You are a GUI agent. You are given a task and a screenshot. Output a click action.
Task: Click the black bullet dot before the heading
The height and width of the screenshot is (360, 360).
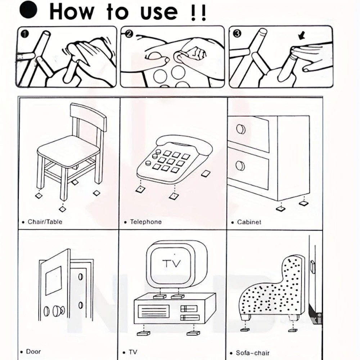[x=28, y=10]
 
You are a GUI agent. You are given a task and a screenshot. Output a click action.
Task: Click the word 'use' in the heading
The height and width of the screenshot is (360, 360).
[x=159, y=12]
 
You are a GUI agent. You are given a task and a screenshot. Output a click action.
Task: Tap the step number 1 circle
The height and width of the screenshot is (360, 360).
[x=24, y=34]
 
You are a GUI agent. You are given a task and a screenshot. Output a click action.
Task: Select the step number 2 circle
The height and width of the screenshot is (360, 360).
[x=129, y=34]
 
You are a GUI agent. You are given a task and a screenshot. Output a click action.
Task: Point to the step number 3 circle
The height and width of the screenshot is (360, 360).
[x=237, y=34]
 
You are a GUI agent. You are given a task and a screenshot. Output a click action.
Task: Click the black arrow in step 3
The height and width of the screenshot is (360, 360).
[x=301, y=36]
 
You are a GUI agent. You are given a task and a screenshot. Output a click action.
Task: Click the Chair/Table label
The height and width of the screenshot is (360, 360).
[x=45, y=222]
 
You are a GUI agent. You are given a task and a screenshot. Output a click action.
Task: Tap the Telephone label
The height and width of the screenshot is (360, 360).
[x=146, y=222]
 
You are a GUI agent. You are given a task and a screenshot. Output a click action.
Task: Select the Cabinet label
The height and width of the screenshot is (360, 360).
[x=249, y=222]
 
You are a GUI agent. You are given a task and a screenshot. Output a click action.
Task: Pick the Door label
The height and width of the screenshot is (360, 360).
[x=33, y=351]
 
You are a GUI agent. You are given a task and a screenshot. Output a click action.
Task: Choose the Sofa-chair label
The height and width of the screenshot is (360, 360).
[x=253, y=353]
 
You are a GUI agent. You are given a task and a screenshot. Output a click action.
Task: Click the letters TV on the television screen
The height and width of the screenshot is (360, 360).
[x=171, y=264]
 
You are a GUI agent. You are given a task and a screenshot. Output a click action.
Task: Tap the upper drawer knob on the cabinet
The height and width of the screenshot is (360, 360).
[x=240, y=130]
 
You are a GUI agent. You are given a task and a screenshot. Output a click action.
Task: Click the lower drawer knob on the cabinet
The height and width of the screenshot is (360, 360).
[x=240, y=166]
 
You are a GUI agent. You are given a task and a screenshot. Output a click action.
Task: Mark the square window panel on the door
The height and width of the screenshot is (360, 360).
[x=54, y=280]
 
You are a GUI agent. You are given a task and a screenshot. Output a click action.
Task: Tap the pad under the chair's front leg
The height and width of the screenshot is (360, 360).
[x=62, y=209]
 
